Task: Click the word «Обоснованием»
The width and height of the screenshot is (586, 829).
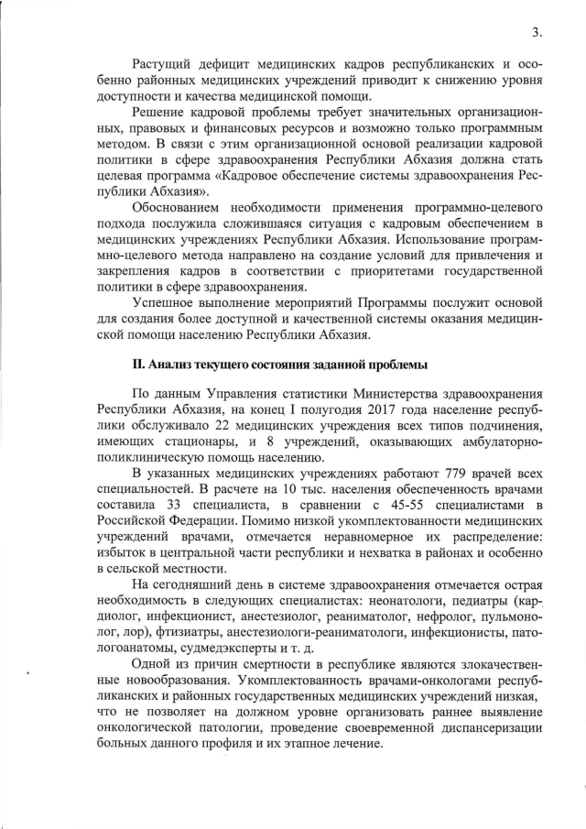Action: [x=179, y=208]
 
